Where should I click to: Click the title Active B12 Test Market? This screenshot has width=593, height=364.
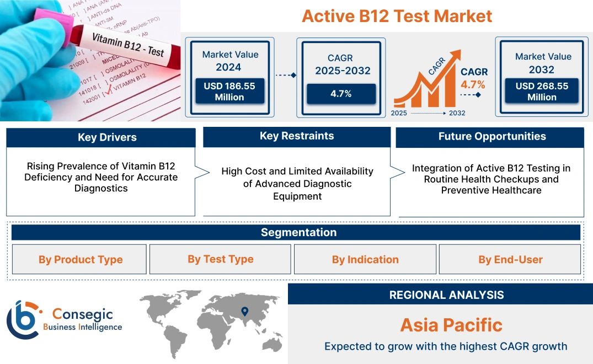click(397, 16)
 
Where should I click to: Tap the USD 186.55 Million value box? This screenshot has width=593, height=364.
click(229, 91)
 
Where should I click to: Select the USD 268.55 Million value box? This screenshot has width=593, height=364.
click(542, 91)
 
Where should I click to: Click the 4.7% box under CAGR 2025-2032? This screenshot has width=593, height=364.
click(341, 94)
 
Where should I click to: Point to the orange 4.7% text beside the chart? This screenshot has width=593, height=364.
click(473, 84)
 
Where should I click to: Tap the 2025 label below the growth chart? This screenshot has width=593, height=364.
click(400, 113)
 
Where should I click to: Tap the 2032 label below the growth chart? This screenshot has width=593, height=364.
click(457, 113)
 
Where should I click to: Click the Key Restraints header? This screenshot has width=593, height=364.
click(297, 136)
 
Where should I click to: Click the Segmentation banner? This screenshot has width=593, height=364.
click(298, 232)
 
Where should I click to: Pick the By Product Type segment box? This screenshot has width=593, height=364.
click(81, 259)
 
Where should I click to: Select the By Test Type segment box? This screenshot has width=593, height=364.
click(221, 259)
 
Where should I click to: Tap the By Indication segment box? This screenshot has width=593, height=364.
click(365, 259)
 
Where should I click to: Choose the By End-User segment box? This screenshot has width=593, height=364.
click(510, 259)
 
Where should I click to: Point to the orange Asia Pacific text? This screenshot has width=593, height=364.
click(451, 325)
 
